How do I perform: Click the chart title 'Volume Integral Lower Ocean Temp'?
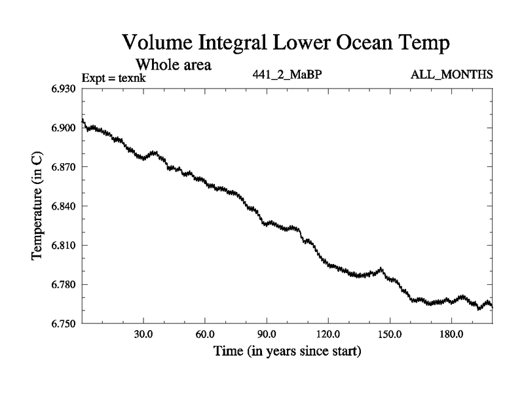point(287,44)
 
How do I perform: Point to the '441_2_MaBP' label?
point(287,74)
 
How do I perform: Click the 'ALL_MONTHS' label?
point(451,74)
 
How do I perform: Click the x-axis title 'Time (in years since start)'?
point(287,352)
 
